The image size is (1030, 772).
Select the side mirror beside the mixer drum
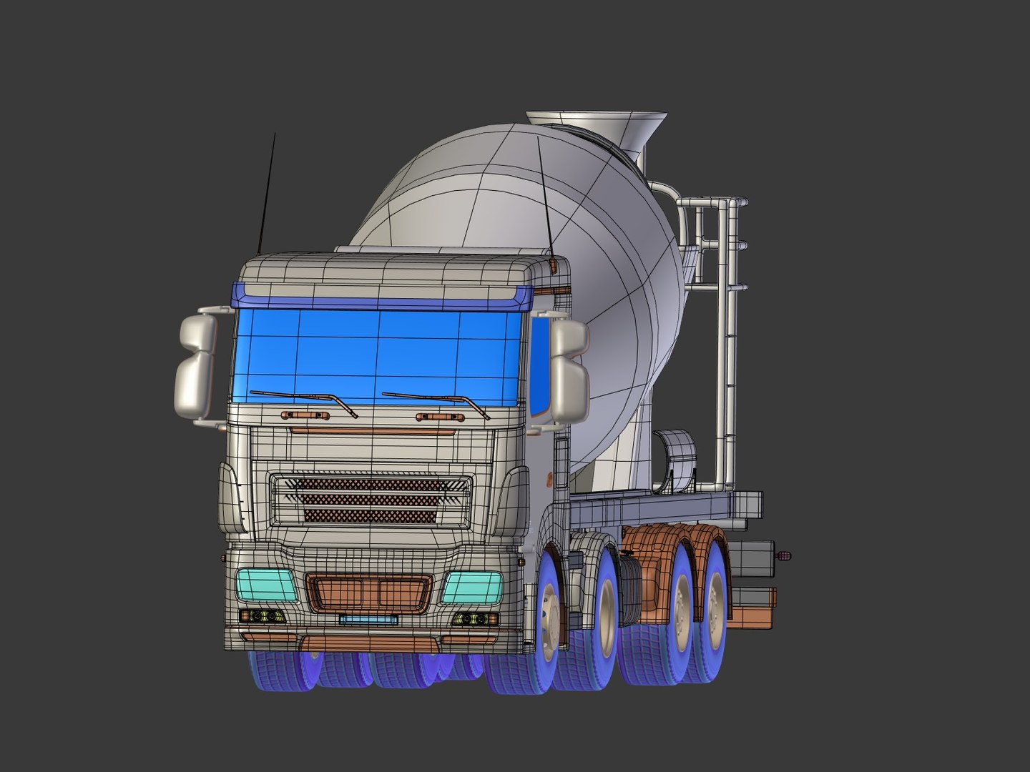coord(569,372)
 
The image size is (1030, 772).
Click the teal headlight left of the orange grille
coord(266,585)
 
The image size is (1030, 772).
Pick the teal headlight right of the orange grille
coord(473,588)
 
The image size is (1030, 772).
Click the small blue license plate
coord(368,619)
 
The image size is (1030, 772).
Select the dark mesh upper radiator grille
coord(370,500)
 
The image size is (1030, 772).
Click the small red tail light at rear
coord(785,555)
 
